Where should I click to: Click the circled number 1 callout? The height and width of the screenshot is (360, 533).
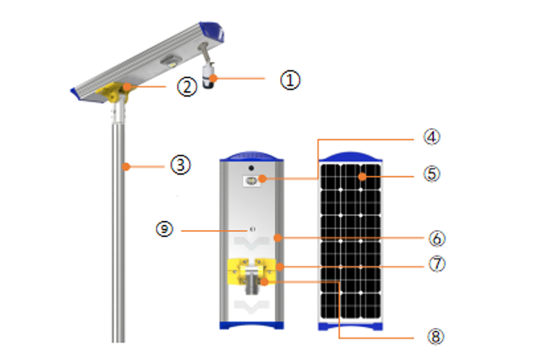(x=290, y=80)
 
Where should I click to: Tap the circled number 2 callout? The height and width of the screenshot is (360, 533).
(x=187, y=87)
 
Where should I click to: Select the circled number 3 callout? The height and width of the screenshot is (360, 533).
(x=180, y=165)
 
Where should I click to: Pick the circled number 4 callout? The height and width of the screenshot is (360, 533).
(x=432, y=137)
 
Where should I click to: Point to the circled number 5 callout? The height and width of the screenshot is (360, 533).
(x=432, y=174)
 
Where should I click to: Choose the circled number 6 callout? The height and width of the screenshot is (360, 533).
(x=437, y=239)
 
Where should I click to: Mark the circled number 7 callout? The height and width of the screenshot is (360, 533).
(x=437, y=264)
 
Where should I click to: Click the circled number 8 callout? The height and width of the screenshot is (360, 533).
(x=436, y=337)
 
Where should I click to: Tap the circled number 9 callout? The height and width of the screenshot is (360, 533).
(x=165, y=229)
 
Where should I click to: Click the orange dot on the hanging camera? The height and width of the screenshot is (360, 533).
(x=213, y=79)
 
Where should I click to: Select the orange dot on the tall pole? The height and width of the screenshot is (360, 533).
(x=126, y=167)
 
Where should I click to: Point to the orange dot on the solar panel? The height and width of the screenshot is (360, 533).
(x=362, y=177)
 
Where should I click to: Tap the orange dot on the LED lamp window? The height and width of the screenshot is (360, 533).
(x=262, y=178)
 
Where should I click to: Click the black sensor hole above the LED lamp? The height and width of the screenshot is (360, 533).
(x=251, y=168)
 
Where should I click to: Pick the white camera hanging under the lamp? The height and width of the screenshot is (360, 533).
(x=208, y=76)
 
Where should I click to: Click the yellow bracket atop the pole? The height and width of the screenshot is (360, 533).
(x=113, y=92)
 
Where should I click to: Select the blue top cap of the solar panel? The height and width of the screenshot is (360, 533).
(x=350, y=157)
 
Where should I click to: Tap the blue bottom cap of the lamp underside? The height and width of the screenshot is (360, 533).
(x=252, y=325)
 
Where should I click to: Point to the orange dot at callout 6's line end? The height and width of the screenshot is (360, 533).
(x=278, y=238)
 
